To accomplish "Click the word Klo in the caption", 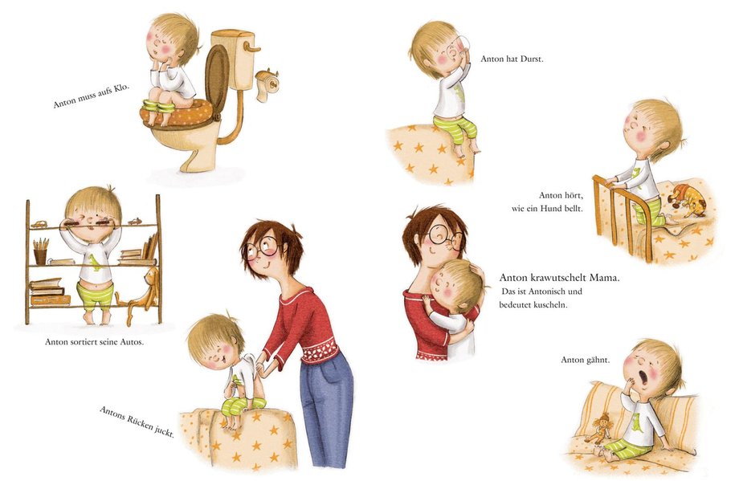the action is (x=120, y=88).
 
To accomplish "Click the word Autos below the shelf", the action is (x=133, y=342).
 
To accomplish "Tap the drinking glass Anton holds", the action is (x=462, y=45).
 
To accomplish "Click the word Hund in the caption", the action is (x=551, y=208).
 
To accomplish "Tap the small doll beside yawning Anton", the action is (x=598, y=427).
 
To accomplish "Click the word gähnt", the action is (x=598, y=361).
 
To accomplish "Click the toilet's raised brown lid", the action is (x=217, y=77).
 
